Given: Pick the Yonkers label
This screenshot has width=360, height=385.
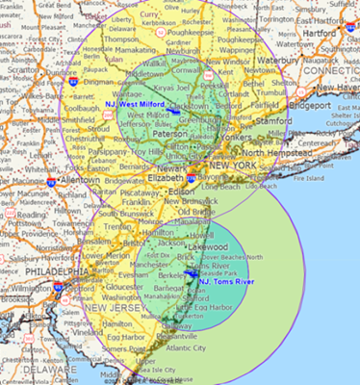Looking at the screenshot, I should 237,137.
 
